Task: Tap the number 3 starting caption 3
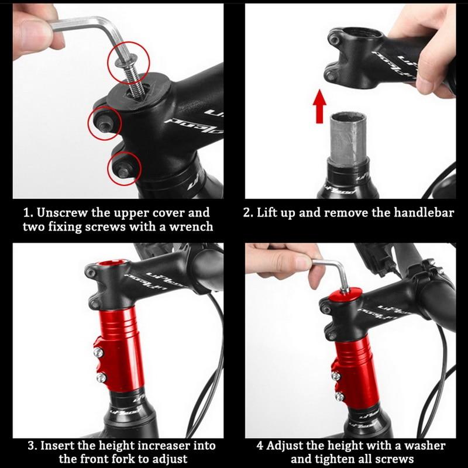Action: (33, 446)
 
